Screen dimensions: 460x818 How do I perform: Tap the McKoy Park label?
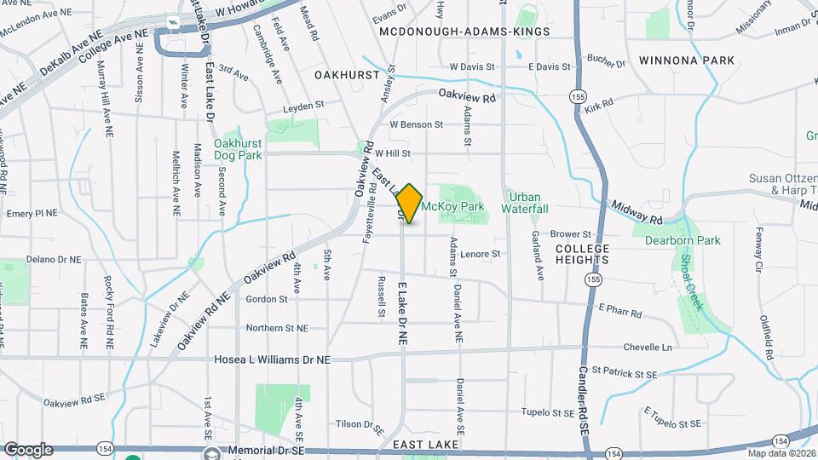tap(453, 206)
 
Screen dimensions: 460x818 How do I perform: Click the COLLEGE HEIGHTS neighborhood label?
tap(582, 253)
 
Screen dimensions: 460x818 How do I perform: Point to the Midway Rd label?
tap(637, 214)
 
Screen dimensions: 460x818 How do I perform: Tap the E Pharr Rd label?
tap(619, 311)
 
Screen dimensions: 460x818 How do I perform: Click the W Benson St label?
tap(417, 124)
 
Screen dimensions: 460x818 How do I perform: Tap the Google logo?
tap(28, 449)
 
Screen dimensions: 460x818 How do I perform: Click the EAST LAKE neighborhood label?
tap(426, 445)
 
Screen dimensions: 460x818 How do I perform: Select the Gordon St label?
tap(266, 299)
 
